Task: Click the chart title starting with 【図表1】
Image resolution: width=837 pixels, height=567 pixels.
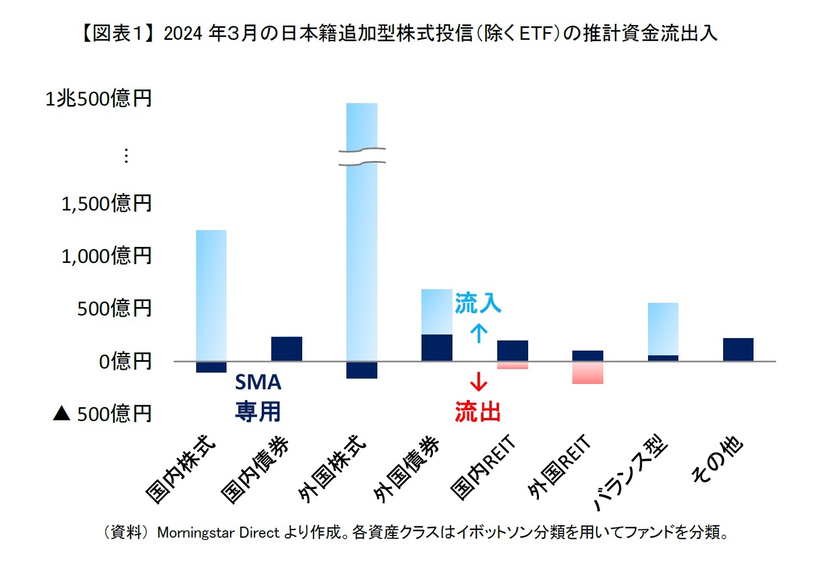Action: click(398, 33)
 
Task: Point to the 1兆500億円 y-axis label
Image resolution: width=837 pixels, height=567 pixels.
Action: click(99, 98)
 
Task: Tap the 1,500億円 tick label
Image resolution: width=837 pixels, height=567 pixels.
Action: click(107, 203)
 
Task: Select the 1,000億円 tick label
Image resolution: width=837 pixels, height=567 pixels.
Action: click(107, 256)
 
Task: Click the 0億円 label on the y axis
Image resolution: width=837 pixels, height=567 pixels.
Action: click(125, 361)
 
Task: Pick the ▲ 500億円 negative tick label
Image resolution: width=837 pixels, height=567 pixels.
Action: click(103, 413)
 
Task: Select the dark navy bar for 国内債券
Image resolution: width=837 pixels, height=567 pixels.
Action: click(286, 349)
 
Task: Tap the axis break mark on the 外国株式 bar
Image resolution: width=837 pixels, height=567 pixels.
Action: click(362, 156)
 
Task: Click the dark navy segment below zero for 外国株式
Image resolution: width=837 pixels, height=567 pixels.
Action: click(362, 370)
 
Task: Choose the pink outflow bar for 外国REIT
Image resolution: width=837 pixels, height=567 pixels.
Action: click(588, 373)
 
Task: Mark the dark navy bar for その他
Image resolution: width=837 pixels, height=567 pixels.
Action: click(738, 349)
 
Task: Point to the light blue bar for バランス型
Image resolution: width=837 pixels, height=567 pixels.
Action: click(663, 328)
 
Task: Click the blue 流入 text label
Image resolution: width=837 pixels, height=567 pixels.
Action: click(478, 303)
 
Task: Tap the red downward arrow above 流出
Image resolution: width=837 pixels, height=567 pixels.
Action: click(479, 380)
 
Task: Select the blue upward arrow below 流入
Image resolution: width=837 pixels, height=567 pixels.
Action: click(479, 333)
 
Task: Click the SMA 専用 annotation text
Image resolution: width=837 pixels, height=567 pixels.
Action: click(258, 396)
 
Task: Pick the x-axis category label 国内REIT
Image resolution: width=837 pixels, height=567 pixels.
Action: click(483, 468)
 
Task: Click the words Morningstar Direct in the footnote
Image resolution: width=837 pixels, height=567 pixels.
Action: click(218, 532)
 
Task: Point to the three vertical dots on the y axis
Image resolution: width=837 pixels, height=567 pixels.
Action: click(126, 156)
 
